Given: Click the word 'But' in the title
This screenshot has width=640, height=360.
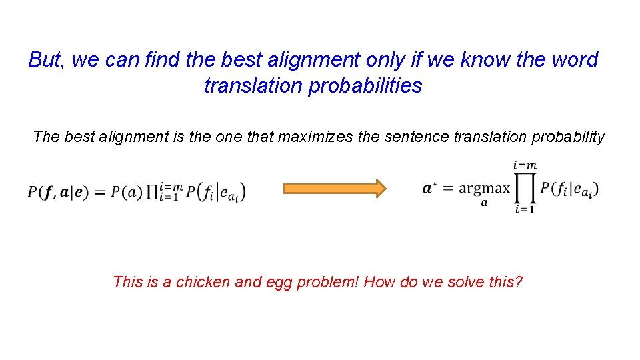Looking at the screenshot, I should [45, 60].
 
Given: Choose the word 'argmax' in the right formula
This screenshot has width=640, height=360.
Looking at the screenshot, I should [485, 189].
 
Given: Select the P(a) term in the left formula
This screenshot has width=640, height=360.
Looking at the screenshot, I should [125, 193].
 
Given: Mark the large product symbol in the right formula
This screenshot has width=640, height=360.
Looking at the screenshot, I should [525, 188].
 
